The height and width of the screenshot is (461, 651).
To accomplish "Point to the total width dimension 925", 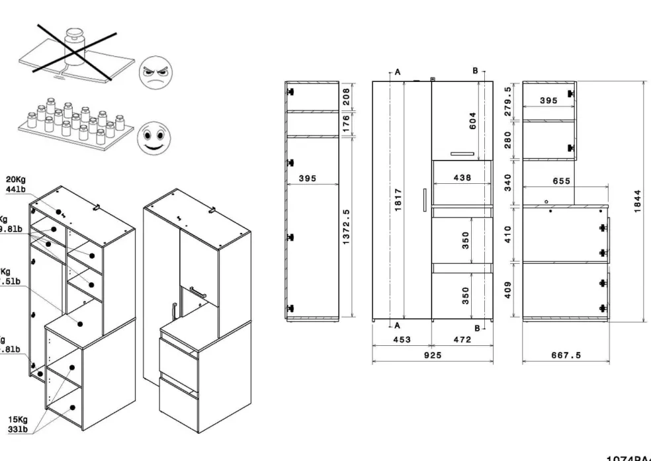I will pos(432,355).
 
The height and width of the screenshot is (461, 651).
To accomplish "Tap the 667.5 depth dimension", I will pos(566,355).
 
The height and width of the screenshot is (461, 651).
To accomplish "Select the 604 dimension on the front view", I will pos(473,121).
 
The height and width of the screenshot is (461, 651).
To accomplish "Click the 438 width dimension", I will pos(462,177).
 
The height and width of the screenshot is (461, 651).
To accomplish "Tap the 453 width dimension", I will pos(402,339).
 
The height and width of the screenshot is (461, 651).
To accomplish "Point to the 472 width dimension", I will pos(462,339).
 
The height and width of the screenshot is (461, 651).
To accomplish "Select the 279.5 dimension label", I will pos(508,101).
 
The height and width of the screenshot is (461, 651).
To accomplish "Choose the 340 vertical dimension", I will pos(508,182).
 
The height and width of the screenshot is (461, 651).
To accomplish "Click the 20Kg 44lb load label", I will pos(16,184).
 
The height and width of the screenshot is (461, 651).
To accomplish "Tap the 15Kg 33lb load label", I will pos(17,424).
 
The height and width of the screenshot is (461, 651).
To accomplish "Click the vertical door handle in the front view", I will pos(423,200).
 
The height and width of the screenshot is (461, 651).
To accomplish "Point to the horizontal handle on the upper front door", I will pos(462,154).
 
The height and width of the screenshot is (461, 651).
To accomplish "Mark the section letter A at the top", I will pos(398,70).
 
